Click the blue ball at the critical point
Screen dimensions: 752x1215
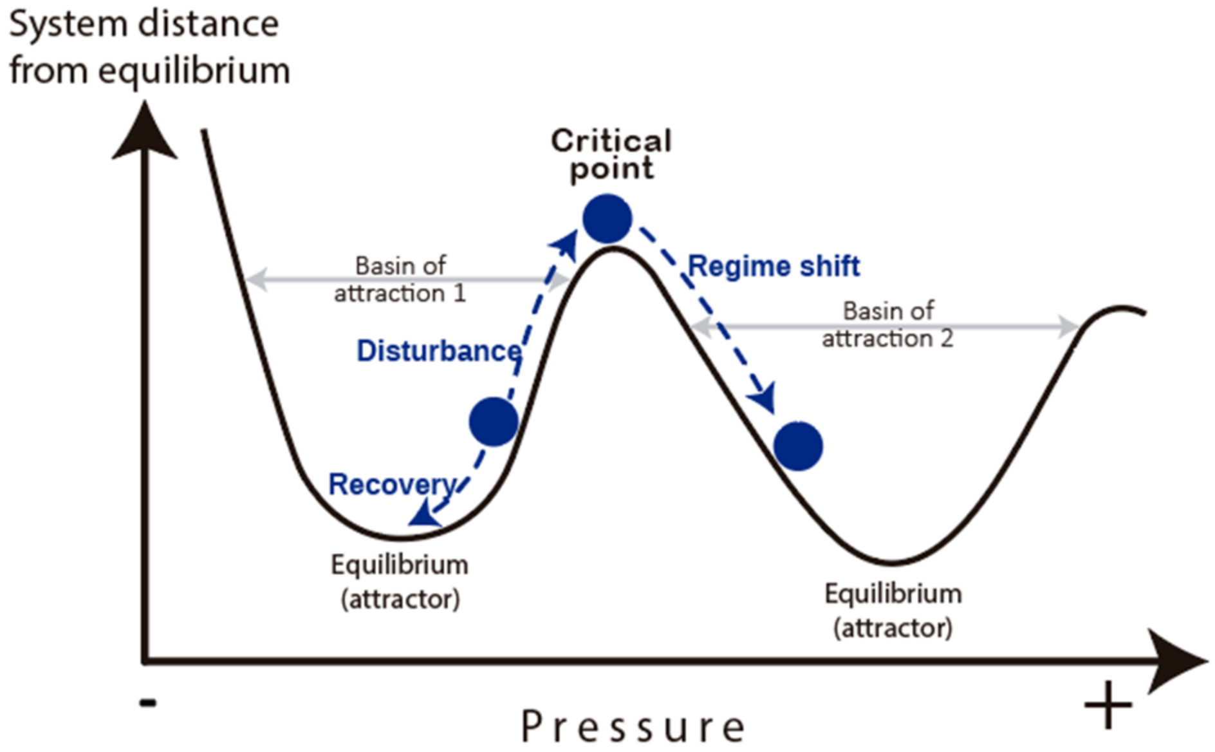(607, 219)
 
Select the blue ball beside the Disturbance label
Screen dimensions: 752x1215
(494, 422)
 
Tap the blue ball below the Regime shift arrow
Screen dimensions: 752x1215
(798, 446)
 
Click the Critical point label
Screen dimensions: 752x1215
(611, 155)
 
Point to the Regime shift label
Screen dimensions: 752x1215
(774, 266)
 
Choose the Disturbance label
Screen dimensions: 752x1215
(439, 351)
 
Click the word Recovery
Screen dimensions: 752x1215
(392, 484)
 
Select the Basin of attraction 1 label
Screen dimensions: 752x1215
(400, 279)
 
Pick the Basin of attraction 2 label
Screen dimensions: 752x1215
(887, 324)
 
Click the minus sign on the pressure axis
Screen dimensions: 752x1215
(148, 702)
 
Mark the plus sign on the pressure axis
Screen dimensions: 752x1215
(1108, 705)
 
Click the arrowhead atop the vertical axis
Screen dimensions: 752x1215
(145, 132)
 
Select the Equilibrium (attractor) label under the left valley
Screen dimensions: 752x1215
(400, 581)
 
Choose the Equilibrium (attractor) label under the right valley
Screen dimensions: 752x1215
(893, 610)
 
